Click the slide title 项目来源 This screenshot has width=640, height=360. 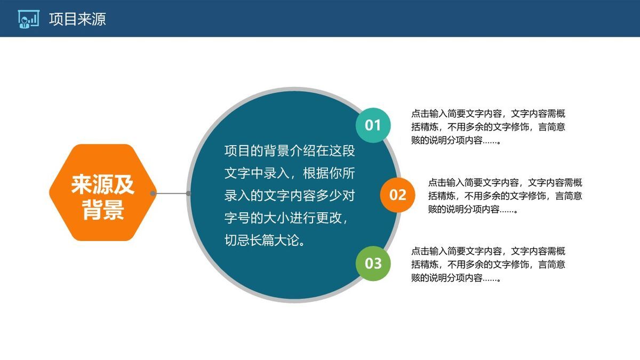[77, 19]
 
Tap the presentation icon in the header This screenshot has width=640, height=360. [28, 19]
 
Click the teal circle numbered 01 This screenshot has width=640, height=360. [373, 125]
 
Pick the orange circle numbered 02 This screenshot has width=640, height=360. [397, 195]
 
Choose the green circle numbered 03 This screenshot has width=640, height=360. [373, 263]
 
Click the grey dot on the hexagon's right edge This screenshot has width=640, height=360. [153, 193]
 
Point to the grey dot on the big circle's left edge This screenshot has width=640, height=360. [189, 193]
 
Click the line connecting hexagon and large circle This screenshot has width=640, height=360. [171, 193]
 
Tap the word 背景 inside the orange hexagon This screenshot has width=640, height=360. [103, 210]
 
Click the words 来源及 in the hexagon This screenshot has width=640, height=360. [103, 185]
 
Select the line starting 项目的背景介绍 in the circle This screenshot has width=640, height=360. [289, 151]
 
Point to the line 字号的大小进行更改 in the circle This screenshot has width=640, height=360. [288, 218]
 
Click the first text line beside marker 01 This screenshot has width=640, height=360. [488, 114]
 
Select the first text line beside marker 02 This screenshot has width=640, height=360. [505, 182]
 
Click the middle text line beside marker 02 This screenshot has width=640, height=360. [505, 196]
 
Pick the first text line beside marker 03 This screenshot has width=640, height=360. [488, 251]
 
